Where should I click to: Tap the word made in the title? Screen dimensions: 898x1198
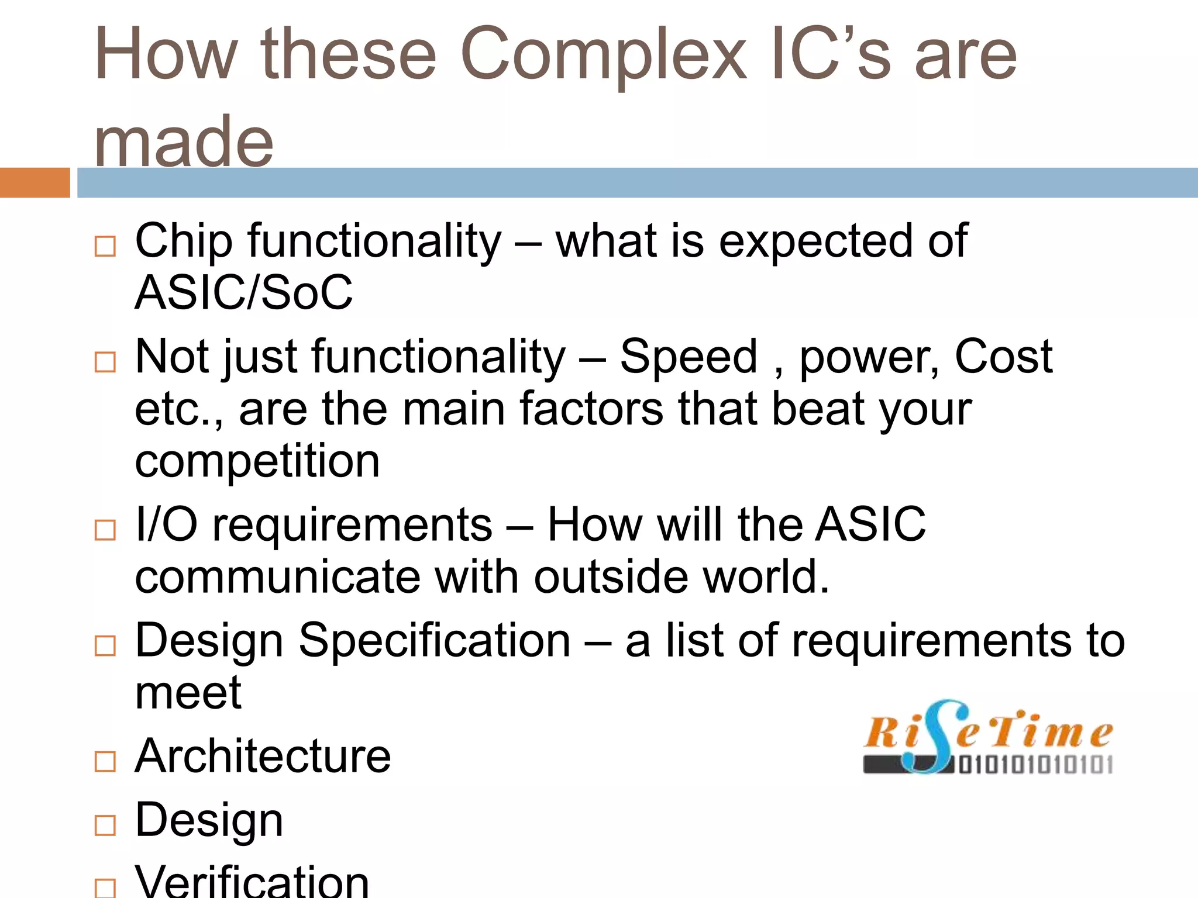[184, 142]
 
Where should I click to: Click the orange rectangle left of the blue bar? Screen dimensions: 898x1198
[35, 182]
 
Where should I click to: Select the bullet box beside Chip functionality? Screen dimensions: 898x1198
[105, 246]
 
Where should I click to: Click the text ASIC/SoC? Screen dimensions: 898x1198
[243, 292]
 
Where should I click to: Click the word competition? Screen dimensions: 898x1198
[257, 461]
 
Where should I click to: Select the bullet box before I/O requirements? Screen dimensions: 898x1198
[105, 530]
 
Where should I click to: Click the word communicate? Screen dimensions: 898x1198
[278, 577]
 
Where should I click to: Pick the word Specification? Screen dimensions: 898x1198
[435, 641]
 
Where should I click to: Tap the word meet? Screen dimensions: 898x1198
[188, 693]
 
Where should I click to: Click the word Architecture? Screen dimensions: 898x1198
[263, 757]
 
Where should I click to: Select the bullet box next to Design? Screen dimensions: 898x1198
[105, 825]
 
